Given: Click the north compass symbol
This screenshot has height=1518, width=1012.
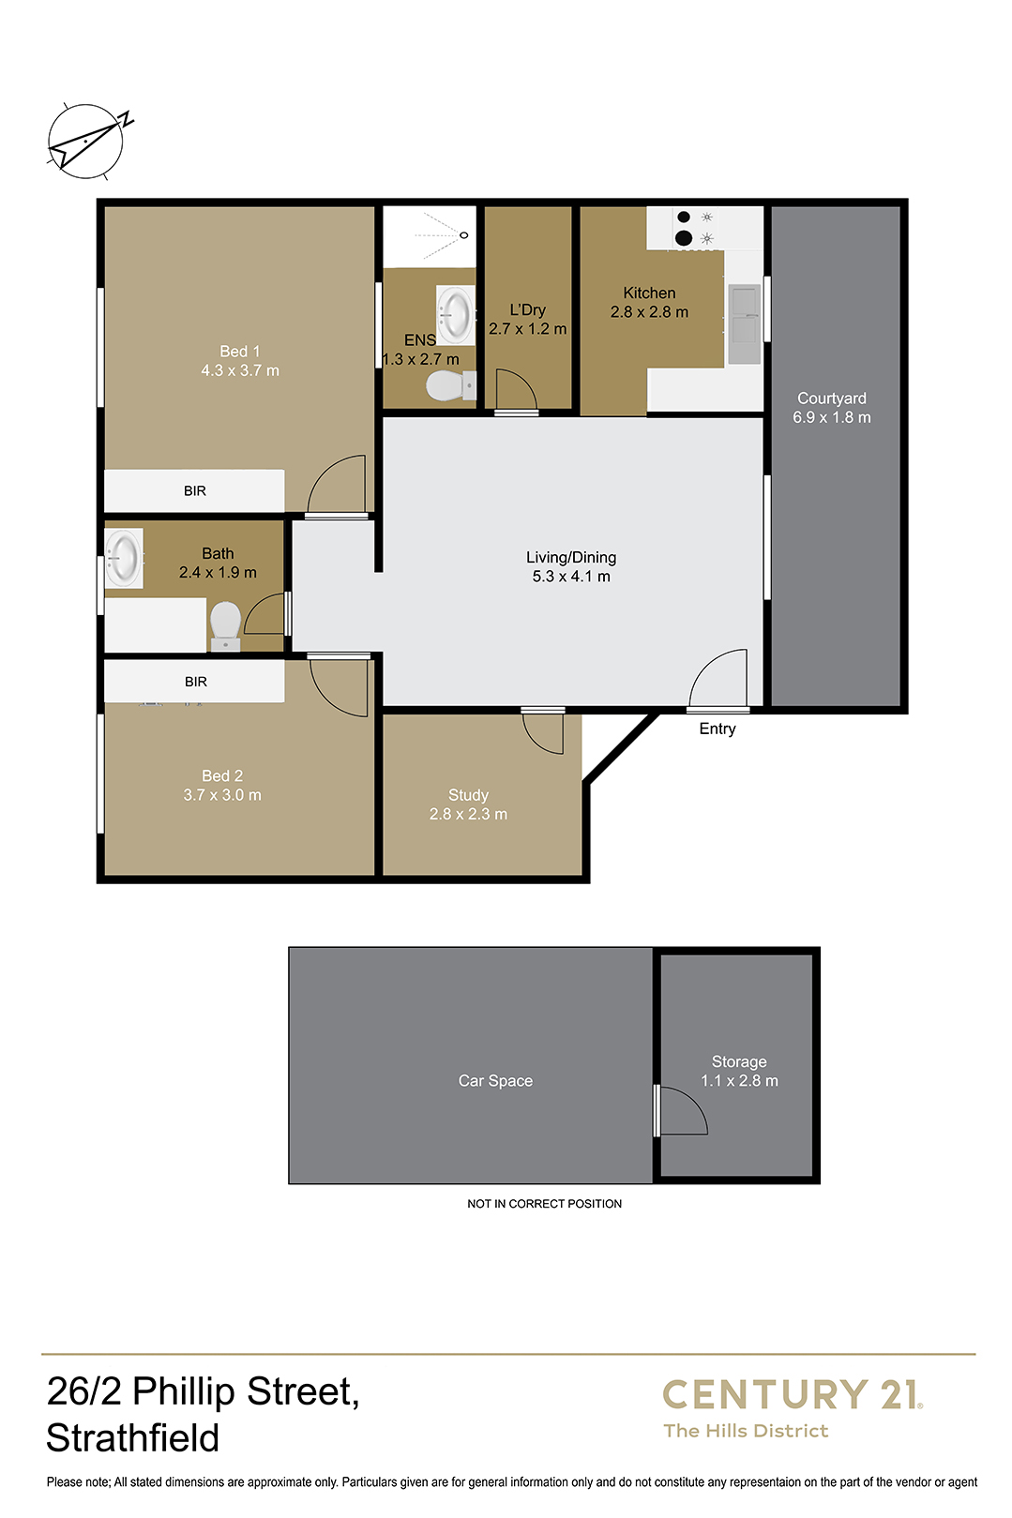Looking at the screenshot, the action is [x=87, y=141].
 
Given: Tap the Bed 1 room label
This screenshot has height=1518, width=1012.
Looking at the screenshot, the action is [x=239, y=352].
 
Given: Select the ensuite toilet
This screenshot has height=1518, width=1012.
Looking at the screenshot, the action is [x=451, y=386].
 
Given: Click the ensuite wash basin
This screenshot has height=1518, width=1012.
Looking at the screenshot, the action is [x=455, y=315].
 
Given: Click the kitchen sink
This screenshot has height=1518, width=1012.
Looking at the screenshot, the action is [x=744, y=324].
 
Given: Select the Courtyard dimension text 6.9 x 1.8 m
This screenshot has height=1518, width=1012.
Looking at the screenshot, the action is [x=832, y=417].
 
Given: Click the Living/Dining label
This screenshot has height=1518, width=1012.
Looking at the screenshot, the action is [x=571, y=558].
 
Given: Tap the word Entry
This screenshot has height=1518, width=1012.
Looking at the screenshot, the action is [x=717, y=729].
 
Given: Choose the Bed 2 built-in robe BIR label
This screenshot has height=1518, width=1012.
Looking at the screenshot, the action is [x=196, y=682].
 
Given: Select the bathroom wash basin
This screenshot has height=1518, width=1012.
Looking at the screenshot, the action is [x=124, y=558].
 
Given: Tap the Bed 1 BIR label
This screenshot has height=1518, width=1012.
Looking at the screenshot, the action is [x=194, y=490].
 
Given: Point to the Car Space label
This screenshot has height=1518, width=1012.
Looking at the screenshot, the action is [x=495, y=1081].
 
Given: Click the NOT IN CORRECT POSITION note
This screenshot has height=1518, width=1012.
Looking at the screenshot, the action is [x=544, y=1204].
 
